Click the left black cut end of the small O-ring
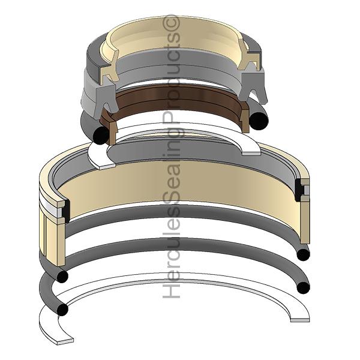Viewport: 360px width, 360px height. click(x=100, y=135)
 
